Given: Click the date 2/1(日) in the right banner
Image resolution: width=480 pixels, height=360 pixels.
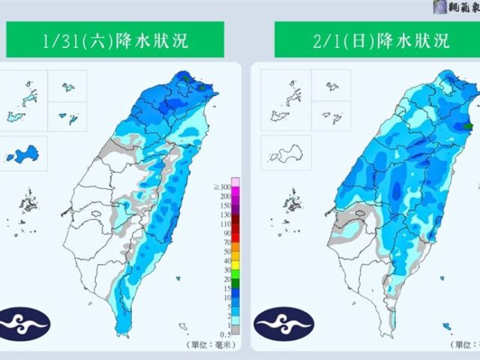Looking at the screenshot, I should tap(337, 40).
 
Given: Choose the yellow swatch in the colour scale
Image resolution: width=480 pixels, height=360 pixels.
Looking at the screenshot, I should tap(234, 265).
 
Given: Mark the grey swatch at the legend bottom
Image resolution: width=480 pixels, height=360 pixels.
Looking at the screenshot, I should tap(234, 328).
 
